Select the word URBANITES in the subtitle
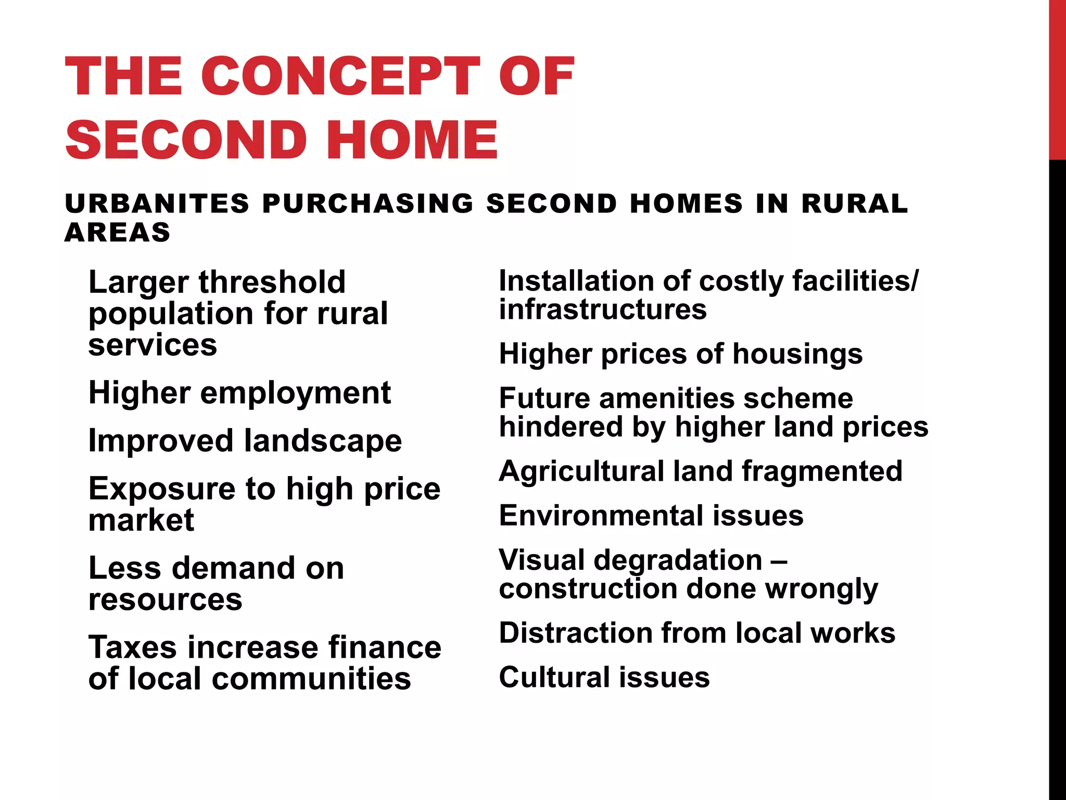(157, 203)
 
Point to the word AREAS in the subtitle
(118, 232)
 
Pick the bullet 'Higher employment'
(239, 393)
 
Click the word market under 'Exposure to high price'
(141, 520)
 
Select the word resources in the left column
(165, 599)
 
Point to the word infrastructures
(603, 310)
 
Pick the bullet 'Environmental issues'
(651, 516)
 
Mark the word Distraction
(576, 633)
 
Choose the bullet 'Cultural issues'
(604, 678)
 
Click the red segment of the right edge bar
(1057, 78)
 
